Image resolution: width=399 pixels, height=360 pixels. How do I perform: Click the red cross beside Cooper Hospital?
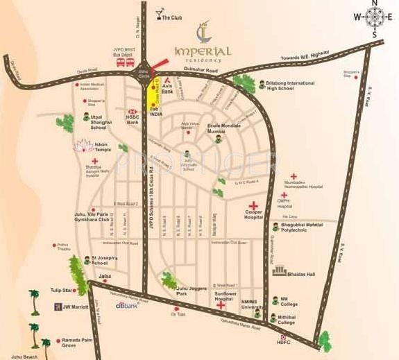pyautogui.click(x=255, y=205)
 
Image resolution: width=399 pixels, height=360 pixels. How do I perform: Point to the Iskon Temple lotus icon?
pyautogui.click(x=82, y=146)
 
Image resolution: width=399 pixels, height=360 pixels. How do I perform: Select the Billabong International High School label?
pyautogui.click(x=291, y=85)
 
